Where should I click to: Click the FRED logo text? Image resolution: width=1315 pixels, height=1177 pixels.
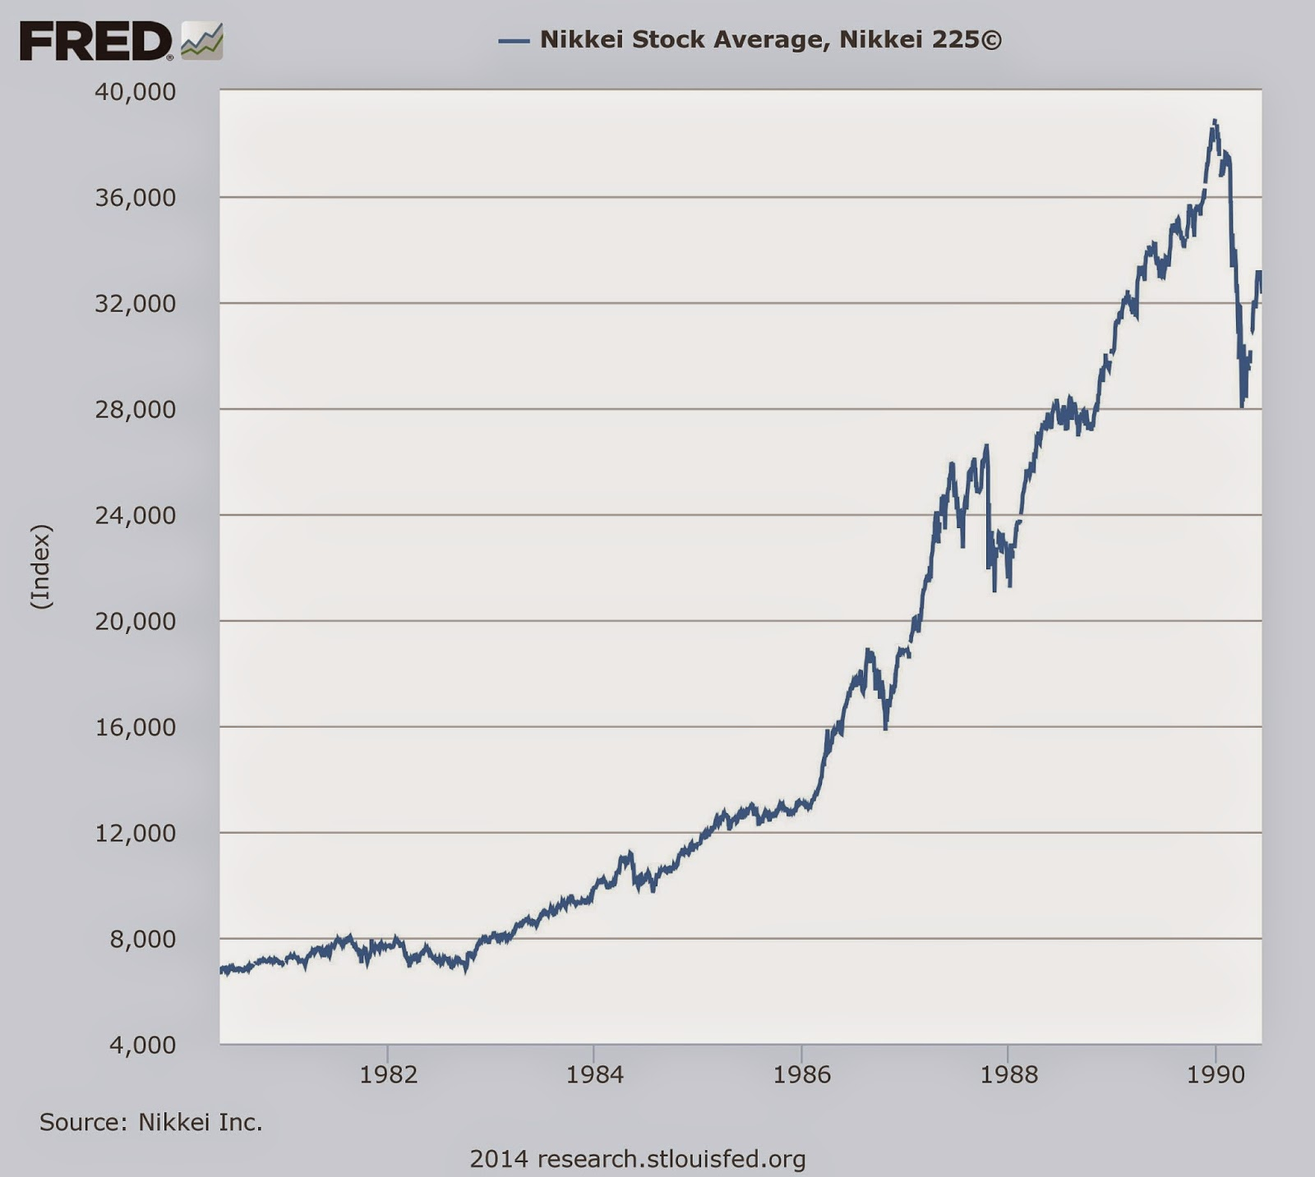[x=95, y=40]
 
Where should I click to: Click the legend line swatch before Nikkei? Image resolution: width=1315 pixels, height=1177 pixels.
[x=514, y=40]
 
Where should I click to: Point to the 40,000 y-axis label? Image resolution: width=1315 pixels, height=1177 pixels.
[x=136, y=91]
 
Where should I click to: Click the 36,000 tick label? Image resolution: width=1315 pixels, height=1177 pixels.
[x=136, y=197]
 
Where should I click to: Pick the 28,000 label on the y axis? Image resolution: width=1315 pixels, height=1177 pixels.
[x=136, y=409]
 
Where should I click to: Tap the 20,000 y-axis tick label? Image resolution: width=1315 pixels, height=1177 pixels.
[x=136, y=621]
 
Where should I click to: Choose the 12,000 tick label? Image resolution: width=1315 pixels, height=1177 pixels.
[x=136, y=833]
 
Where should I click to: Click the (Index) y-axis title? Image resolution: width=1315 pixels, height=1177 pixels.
[x=41, y=567]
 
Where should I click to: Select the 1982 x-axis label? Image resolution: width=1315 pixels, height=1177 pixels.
[x=388, y=1074]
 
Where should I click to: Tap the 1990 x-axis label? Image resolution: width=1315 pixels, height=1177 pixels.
[x=1216, y=1074]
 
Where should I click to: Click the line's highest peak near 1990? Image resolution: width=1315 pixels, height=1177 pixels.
[x=1215, y=122]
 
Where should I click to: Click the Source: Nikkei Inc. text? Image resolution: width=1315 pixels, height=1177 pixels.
[x=151, y=1122]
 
